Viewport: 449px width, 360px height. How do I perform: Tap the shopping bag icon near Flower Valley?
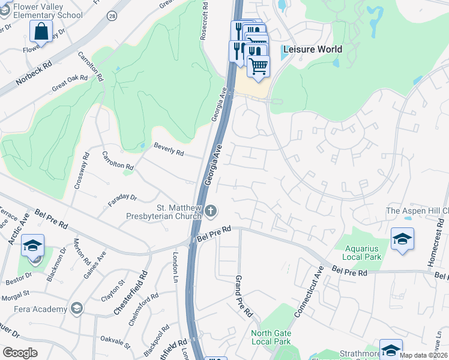click(41, 32)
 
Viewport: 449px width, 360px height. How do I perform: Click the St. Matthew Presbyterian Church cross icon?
click(210, 211)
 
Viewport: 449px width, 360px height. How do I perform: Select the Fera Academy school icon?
click(76, 309)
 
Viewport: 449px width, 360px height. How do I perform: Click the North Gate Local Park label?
click(271, 337)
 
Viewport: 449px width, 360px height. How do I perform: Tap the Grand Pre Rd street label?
click(244, 296)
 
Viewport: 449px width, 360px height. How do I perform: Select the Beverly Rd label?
click(169, 149)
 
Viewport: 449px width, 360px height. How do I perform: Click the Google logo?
click(20, 353)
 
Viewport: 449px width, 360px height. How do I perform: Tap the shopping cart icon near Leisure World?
click(258, 66)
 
